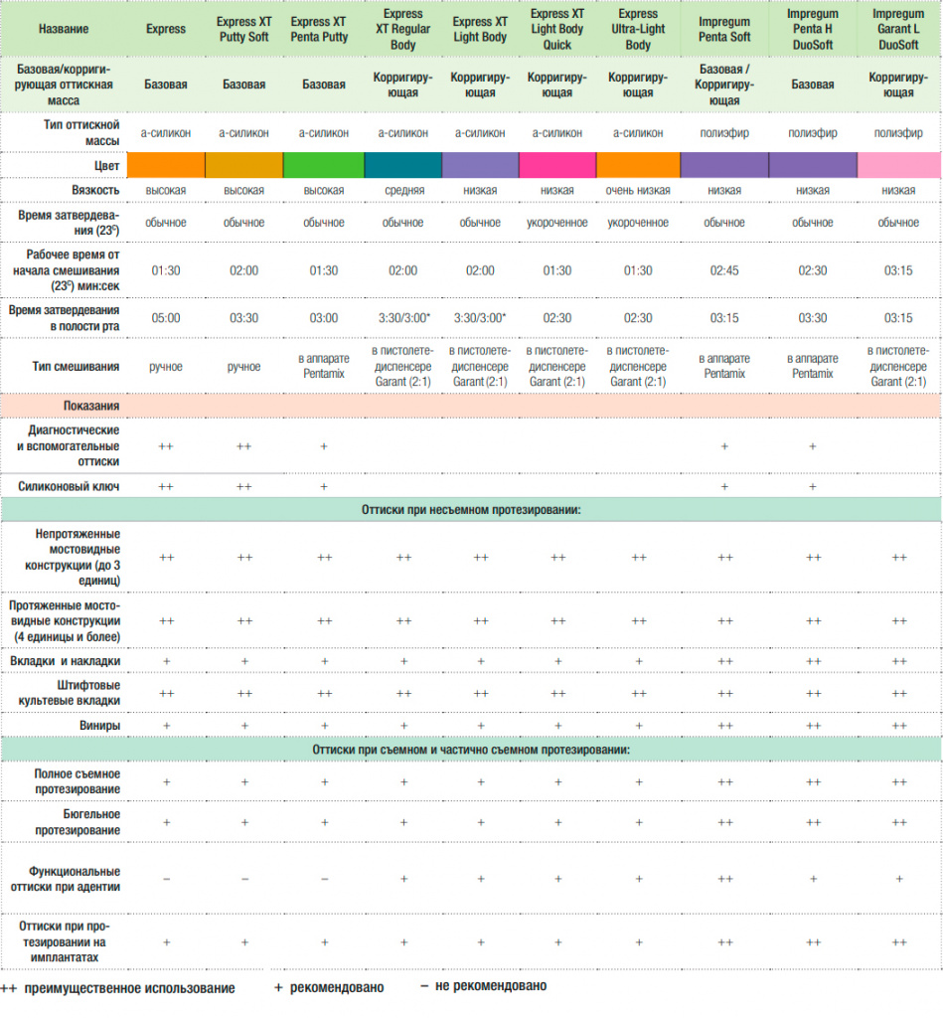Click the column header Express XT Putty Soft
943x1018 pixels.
tap(243, 29)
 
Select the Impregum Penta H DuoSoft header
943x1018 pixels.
tap(813, 29)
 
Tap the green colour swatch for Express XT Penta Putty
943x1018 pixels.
tap(324, 165)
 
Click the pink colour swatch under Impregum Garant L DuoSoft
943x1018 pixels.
tap(899, 165)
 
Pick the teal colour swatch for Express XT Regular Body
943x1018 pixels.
tap(403, 165)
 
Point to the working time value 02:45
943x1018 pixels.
tap(724, 270)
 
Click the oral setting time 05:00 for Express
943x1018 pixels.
tap(166, 318)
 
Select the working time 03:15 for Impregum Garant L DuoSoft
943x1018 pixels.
tap(898, 270)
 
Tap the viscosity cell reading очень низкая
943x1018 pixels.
tap(638, 190)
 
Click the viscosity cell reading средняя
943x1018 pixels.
tap(403, 190)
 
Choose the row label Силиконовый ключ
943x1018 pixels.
tap(69, 486)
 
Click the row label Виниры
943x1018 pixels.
tap(100, 725)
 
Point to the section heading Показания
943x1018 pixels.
tap(91, 406)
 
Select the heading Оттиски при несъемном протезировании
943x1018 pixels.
tap(471, 510)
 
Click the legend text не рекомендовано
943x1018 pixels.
tap(491, 986)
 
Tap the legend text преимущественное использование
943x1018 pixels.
tap(130, 989)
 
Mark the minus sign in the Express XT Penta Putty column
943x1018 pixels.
tap(324, 879)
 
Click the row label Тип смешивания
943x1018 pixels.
tap(76, 366)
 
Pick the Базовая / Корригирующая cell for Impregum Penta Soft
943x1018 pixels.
tap(724, 85)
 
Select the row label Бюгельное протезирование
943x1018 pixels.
tap(78, 822)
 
